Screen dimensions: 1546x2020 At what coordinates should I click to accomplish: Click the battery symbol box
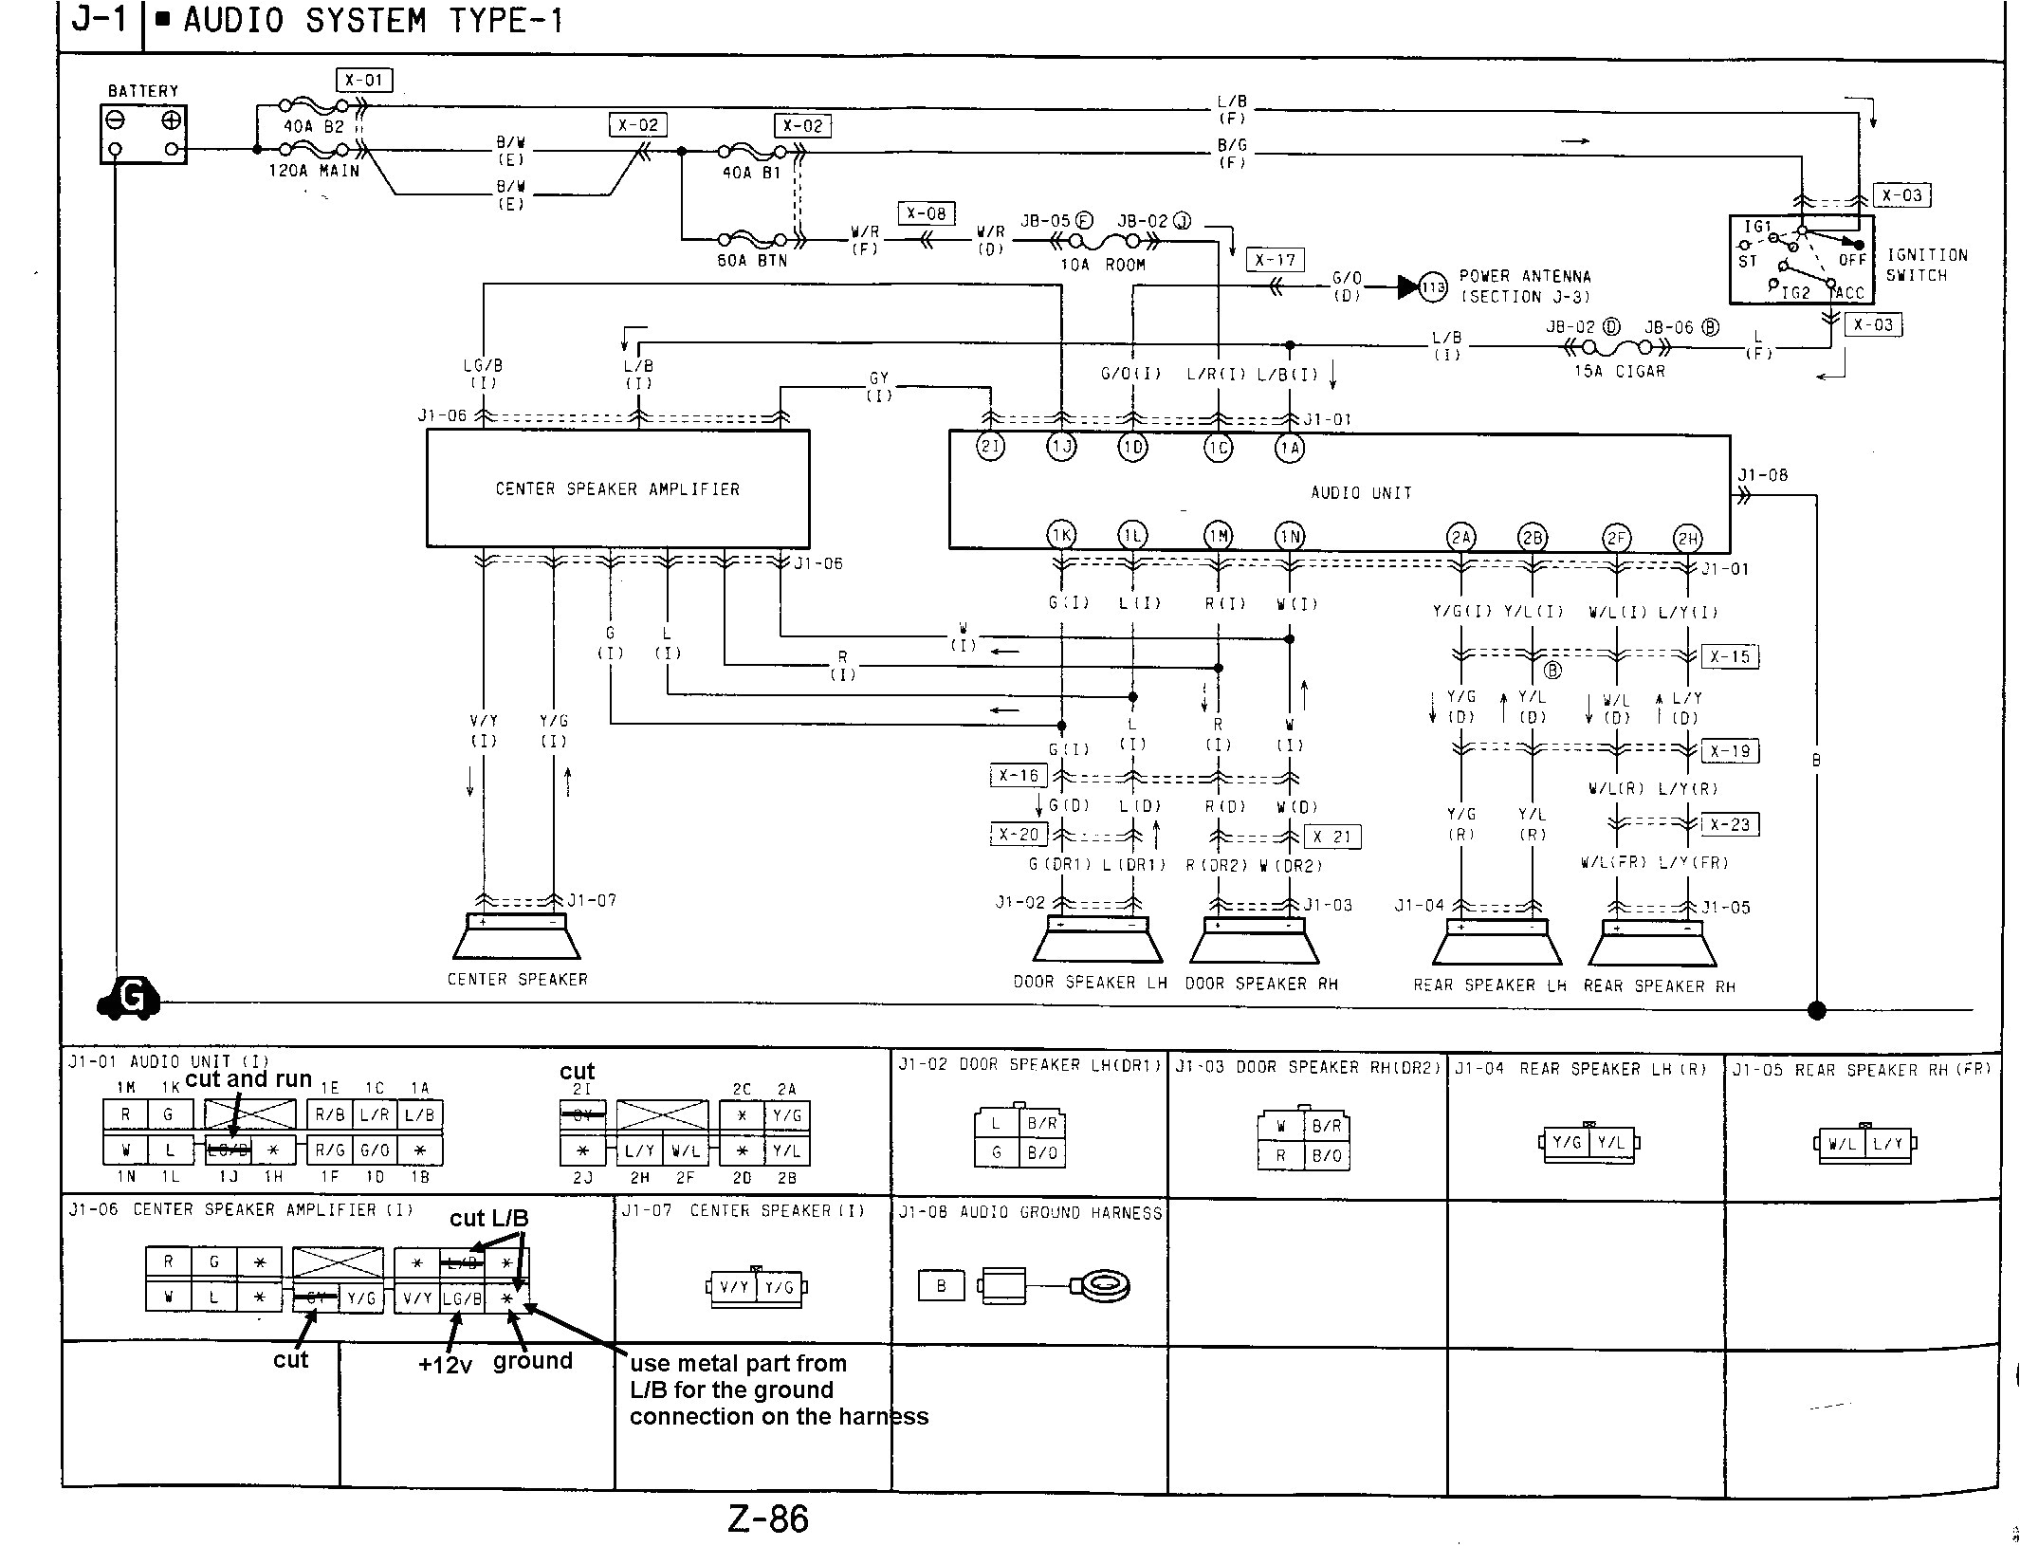click(x=143, y=134)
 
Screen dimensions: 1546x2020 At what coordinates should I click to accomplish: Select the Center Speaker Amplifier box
click(x=617, y=488)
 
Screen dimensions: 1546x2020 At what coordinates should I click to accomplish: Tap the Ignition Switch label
click(x=1926, y=266)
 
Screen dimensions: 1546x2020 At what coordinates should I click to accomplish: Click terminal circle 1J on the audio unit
click(x=1061, y=447)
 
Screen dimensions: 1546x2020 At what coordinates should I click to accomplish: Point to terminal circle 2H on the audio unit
click(x=1687, y=540)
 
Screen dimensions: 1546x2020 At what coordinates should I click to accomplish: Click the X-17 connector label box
click(x=1275, y=260)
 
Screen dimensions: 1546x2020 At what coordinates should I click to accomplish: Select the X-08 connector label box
click(x=926, y=213)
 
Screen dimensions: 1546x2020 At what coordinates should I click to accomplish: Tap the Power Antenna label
click(x=1524, y=285)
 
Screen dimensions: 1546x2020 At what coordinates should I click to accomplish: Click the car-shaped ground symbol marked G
click(x=129, y=998)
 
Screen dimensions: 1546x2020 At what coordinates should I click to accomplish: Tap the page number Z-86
click(x=768, y=1518)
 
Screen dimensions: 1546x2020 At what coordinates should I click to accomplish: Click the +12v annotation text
click(x=445, y=1365)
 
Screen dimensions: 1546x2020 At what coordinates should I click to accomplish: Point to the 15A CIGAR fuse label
click(x=1620, y=371)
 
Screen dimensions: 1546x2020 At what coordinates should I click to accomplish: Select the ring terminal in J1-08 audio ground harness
click(x=1100, y=1286)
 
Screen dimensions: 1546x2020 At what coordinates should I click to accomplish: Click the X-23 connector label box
click(x=1730, y=824)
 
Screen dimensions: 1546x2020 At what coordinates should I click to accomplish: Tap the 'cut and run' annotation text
click(x=248, y=1079)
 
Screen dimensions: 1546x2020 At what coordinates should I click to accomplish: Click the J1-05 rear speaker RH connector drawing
click(x=1864, y=1143)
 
